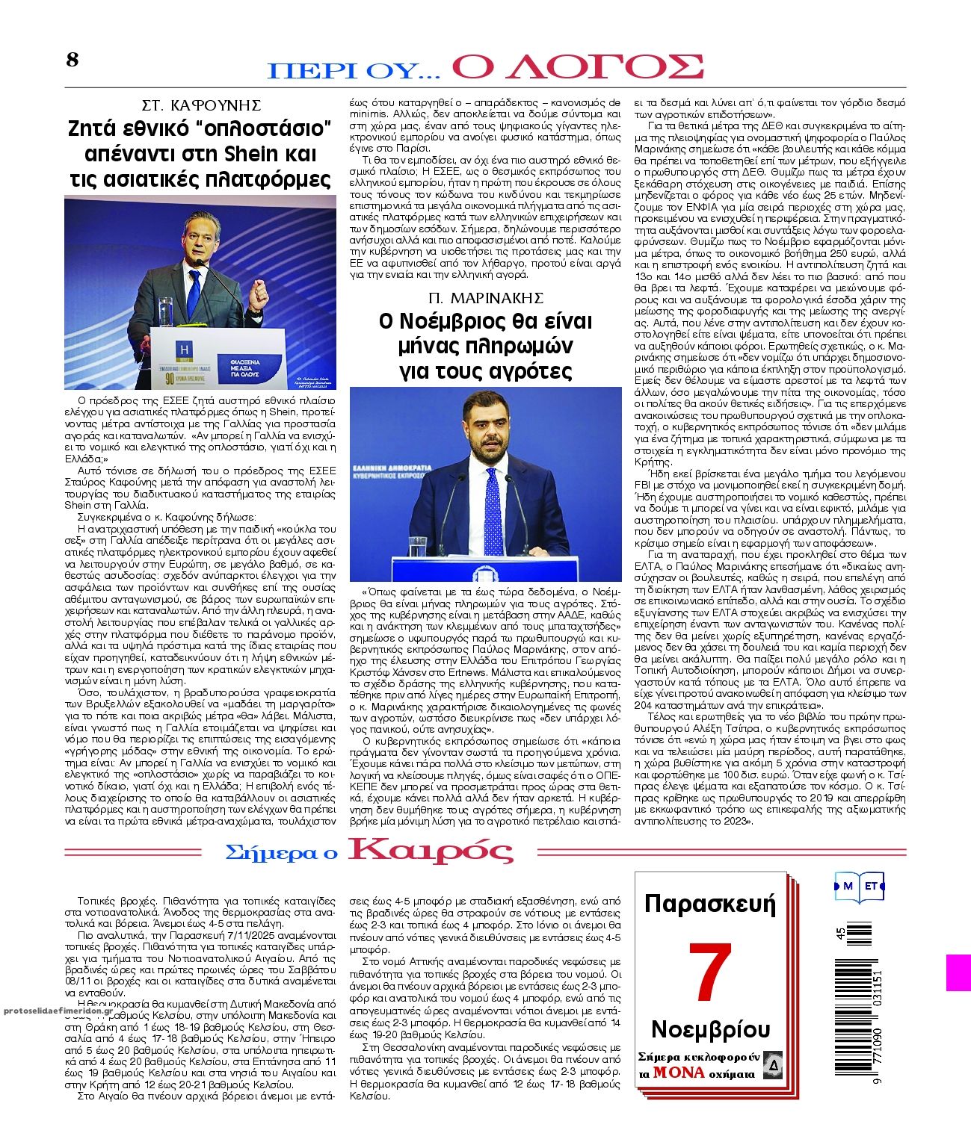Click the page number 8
click(x=72, y=60)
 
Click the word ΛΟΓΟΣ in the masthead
click(x=577, y=67)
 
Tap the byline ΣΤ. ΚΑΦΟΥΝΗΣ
click(x=201, y=105)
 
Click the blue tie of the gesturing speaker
click(x=194, y=291)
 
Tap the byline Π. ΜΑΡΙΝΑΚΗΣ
click(x=486, y=297)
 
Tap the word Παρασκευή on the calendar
click(x=710, y=905)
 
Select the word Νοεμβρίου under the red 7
click(x=710, y=1029)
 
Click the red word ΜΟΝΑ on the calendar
click(x=678, y=1073)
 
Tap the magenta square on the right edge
click(x=958, y=972)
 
